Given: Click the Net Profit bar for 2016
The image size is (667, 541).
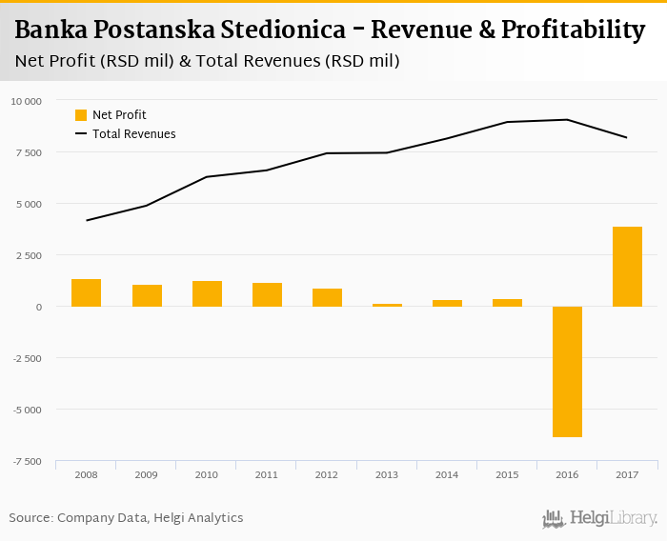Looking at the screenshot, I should click(x=567, y=371).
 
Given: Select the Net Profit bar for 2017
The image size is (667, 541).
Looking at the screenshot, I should click(x=627, y=267).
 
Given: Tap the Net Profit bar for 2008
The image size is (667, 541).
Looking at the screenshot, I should click(x=86, y=293).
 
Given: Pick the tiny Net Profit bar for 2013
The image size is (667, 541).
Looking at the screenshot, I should click(x=387, y=305).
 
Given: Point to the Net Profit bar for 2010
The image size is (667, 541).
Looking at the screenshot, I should click(x=207, y=294).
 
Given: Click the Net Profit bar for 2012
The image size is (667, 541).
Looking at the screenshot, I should click(x=327, y=298).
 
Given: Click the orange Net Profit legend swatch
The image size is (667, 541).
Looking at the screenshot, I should click(x=81, y=115).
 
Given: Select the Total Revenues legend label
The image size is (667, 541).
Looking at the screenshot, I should click(x=133, y=134).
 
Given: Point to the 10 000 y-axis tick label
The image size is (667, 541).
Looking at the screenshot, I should click(x=26, y=101).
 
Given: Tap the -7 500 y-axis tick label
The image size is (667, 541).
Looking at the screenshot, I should click(x=26, y=461).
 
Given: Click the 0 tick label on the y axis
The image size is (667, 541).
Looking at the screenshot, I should click(x=38, y=307).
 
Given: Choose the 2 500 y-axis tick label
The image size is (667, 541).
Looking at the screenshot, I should click(x=28, y=255).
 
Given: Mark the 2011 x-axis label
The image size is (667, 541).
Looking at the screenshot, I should click(x=266, y=473).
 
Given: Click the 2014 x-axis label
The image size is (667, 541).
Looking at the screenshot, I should click(x=446, y=473).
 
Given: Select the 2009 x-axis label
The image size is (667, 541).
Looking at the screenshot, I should click(x=146, y=473).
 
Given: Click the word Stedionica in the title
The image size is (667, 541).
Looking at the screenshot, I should click(x=290, y=30).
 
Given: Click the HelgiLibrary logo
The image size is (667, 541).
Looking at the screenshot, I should click(x=599, y=518).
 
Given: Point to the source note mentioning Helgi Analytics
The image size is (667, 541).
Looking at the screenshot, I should click(x=126, y=518).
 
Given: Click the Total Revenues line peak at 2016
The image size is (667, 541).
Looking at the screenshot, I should click(x=567, y=119).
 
